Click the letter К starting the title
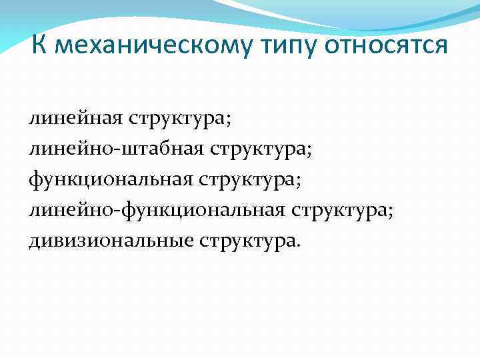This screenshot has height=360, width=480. [x=39, y=46]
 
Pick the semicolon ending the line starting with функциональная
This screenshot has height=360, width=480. [x=309, y=182]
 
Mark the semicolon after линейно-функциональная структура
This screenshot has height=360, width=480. [x=392, y=212]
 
